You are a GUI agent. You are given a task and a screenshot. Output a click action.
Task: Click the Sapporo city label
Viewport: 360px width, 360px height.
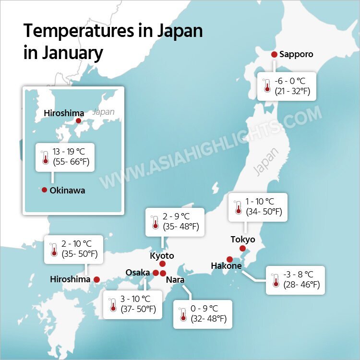(x=296, y=54)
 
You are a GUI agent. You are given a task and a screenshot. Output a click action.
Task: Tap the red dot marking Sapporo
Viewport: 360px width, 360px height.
(x=274, y=55)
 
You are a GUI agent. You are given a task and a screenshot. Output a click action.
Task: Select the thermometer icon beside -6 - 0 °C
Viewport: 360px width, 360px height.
(x=267, y=86)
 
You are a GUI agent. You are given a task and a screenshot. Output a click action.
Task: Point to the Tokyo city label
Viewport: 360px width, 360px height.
(x=243, y=239)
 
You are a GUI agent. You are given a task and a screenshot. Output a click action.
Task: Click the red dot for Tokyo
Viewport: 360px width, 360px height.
(x=242, y=249)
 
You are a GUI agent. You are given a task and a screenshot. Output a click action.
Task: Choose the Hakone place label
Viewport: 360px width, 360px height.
(x=226, y=265)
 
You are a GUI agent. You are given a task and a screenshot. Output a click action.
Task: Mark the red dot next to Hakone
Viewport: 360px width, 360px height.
(x=230, y=259)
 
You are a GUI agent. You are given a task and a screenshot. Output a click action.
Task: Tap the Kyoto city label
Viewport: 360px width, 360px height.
(x=162, y=255)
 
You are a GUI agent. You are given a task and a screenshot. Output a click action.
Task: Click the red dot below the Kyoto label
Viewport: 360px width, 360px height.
(x=162, y=264)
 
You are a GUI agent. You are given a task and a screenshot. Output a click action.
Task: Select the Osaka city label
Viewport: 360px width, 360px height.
(x=138, y=273)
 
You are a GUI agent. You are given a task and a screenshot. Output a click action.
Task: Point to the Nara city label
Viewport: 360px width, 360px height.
(x=175, y=279)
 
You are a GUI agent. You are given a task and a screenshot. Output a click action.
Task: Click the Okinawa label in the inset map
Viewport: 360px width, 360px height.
(x=67, y=191)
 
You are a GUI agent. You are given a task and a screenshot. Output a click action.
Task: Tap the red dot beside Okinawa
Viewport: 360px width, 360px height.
(x=45, y=190)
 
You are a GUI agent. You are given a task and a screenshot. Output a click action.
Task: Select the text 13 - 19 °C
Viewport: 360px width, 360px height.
(x=70, y=150)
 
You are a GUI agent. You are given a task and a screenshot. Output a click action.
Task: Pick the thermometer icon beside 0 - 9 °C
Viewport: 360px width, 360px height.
(x=183, y=314)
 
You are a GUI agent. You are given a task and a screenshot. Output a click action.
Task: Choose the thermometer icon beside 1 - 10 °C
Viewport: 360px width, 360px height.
(x=238, y=207)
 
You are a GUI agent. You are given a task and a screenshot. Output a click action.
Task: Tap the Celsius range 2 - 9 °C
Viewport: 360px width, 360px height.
(x=176, y=217)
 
